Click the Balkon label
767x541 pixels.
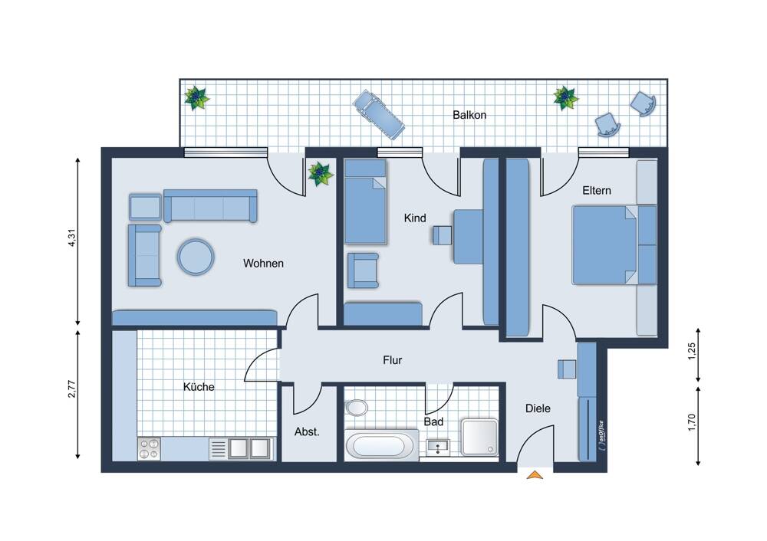(x=469, y=115)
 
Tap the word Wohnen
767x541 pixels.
(x=263, y=264)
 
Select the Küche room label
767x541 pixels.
(x=199, y=386)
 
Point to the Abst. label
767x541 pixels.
(x=307, y=432)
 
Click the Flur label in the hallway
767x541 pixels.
(x=392, y=360)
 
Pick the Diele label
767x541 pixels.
(x=538, y=408)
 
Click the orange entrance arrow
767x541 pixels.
(x=535, y=474)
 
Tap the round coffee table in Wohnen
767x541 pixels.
(x=196, y=257)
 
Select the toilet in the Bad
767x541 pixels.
(x=356, y=407)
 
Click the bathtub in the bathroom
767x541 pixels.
(x=381, y=445)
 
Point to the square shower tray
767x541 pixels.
(x=480, y=437)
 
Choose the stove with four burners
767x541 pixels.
(x=150, y=448)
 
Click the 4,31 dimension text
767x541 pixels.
(x=72, y=238)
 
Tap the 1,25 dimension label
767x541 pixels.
(x=691, y=352)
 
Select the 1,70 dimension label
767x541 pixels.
(x=691, y=422)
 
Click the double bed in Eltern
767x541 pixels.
(x=614, y=245)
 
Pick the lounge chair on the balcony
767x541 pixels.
(x=379, y=114)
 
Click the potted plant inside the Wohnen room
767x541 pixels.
(x=320, y=174)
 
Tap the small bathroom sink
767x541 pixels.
(x=438, y=448)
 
